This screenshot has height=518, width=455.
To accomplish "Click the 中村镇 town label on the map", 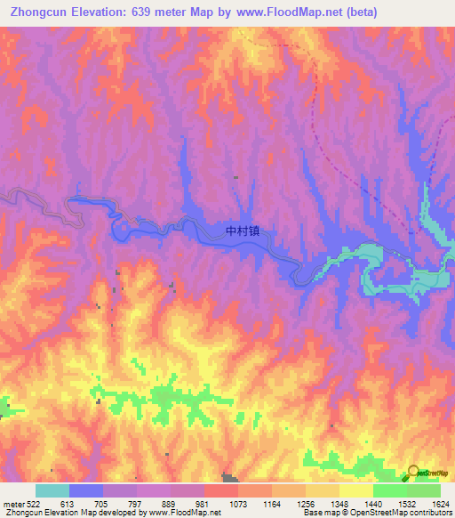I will click(x=243, y=230).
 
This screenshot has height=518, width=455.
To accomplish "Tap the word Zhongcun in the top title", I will click(x=43, y=12).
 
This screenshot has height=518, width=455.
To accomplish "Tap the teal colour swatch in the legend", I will click(x=52, y=490).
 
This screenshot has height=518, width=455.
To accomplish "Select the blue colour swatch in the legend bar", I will click(x=86, y=490).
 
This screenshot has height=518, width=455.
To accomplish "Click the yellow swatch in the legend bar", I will click(x=355, y=490).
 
